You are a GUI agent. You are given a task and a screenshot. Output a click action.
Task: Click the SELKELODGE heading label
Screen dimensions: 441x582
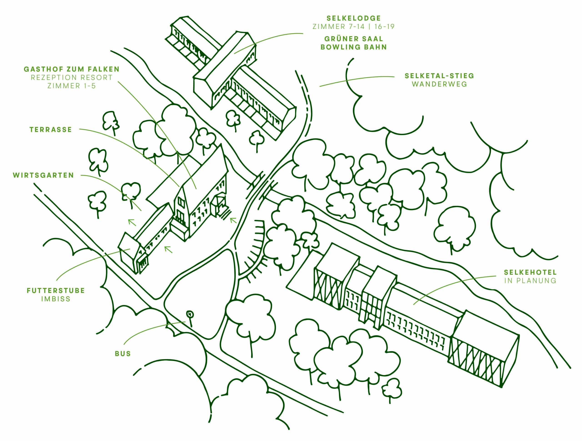point(353,18)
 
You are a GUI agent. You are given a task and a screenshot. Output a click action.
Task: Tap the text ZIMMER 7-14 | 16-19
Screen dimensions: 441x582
point(353,27)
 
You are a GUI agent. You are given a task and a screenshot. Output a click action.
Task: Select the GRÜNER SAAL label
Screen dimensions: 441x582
point(353,39)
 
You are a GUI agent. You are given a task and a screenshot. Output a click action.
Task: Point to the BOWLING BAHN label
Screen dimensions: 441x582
point(353,47)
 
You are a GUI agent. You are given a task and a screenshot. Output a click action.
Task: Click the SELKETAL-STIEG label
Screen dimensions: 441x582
point(439,76)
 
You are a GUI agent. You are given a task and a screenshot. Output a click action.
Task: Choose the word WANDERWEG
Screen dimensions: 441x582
point(439,84)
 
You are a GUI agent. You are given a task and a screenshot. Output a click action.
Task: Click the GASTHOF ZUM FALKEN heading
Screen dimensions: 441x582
point(72,69)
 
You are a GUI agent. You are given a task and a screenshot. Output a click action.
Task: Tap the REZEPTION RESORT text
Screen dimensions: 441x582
point(72,77)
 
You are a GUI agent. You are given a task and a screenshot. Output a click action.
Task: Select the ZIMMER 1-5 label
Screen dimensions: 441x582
point(72,86)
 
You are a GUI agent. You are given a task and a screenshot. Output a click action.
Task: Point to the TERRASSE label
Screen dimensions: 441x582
point(50,130)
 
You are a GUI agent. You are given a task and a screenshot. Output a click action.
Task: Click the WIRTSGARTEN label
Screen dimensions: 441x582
point(43,175)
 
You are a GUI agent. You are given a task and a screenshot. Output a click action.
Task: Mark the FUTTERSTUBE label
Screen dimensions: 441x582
point(56,291)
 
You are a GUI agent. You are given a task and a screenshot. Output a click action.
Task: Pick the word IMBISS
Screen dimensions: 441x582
point(56,299)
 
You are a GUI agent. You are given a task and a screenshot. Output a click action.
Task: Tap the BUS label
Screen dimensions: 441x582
point(123,354)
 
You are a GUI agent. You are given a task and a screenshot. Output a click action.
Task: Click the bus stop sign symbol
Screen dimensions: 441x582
point(190,314)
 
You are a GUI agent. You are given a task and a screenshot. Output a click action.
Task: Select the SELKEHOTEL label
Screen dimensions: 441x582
point(530,272)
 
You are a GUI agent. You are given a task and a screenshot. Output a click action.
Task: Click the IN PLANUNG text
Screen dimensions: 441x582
point(530,281)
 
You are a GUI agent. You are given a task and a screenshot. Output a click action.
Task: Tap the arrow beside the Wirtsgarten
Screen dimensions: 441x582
point(132,222)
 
